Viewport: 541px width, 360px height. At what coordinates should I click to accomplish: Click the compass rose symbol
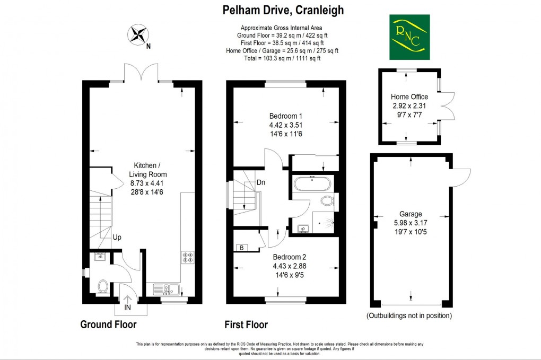point(138,35)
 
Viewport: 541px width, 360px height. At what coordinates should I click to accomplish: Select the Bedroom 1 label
point(286,116)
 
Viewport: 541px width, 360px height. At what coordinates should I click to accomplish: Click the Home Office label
point(409,97)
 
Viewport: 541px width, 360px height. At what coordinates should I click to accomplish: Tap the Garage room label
point(411,215)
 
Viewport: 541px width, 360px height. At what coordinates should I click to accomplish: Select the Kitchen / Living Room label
point(148,170)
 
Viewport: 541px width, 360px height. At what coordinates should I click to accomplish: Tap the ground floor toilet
point(103,287)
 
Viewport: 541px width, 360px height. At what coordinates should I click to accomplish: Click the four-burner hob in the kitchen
point(188,258)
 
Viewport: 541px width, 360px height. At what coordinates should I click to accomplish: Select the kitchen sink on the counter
point(166,289)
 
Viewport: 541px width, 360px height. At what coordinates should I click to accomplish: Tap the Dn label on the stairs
point(261,182)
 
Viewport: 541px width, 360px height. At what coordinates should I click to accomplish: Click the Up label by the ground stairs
point(117,238)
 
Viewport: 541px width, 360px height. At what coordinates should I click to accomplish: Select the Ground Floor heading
point(108,324)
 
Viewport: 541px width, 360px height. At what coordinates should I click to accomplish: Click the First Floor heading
point(246,324)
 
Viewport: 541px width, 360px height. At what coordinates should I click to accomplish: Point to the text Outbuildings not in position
point(409,315)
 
